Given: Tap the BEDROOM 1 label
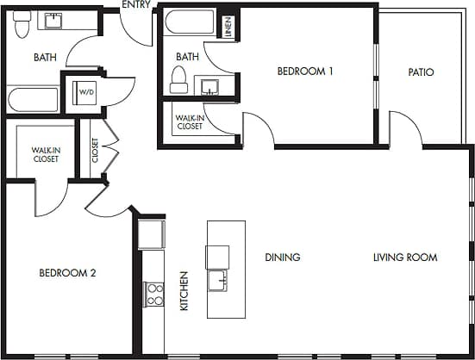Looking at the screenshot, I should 305,71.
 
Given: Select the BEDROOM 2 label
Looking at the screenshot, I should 67,273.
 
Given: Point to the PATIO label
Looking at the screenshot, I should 421,72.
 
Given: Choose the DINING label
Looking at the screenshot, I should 282,257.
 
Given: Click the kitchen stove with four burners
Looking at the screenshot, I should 155,295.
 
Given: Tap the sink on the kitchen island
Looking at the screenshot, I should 217,282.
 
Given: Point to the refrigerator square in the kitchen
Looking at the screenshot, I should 152,233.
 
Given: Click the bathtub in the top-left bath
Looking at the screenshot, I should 34,99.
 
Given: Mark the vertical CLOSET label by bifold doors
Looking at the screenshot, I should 95,152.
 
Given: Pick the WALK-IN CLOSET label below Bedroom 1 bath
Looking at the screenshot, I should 189,121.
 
